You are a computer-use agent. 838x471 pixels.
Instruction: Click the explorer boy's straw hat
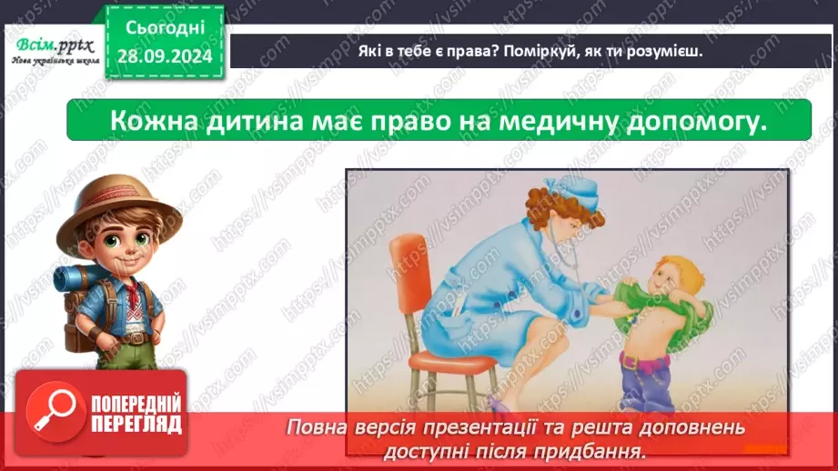pyautogui.click(x=110, y=199)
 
